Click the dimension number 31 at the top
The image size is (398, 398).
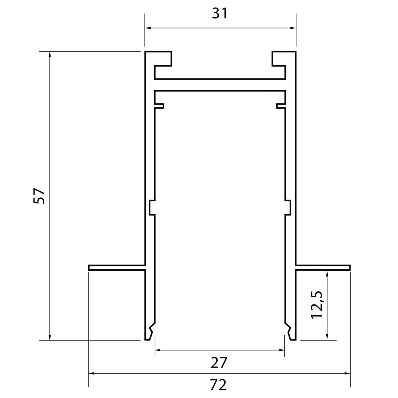pos(220,14)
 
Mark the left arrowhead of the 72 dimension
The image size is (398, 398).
pos(92,373)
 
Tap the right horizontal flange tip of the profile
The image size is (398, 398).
pos(349,267)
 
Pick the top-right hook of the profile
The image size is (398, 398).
pos(279,59)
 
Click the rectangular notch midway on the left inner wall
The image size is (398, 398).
pos(152,207)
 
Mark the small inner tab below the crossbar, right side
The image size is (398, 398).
pos(281,106)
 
